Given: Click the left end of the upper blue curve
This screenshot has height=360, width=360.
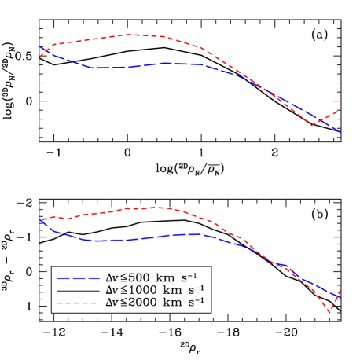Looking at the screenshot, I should coord(39,47).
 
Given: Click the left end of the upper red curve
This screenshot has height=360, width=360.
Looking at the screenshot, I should coord(39,57).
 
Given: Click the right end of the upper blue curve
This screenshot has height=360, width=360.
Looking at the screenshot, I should coord(341,133).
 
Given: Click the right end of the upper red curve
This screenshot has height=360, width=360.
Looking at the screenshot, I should coord(341,108).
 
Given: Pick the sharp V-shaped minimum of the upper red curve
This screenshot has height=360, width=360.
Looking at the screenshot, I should coord(312,126).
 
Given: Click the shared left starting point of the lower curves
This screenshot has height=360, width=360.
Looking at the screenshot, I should coord(39,219).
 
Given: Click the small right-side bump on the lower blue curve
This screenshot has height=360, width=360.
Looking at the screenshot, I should coord(285,266).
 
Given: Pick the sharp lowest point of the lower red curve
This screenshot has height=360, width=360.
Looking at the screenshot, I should coord(330,313).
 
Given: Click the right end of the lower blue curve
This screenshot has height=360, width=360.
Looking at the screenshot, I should coord(340,297).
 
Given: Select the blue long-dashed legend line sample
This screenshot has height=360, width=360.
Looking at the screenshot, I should coord(78,278).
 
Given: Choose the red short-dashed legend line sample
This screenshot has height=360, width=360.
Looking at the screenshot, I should coord(78,303).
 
